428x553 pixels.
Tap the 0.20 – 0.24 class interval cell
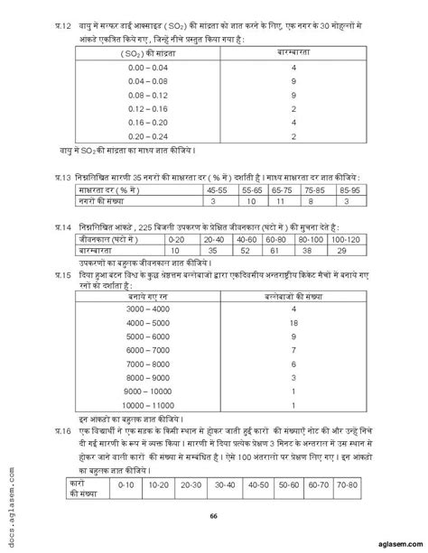pos(139,136)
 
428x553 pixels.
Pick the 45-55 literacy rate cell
pos(216,191)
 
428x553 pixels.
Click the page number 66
pos(213,515)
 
